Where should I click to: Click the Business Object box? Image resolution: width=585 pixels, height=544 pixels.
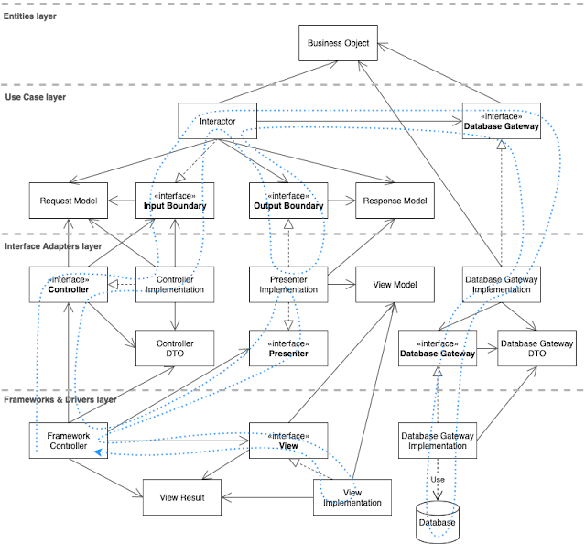[339, 43]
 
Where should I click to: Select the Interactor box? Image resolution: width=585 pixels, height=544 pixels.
[217, 122]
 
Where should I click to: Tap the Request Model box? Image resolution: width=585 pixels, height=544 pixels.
[69, 201]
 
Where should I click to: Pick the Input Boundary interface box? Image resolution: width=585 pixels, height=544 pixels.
[175, 201]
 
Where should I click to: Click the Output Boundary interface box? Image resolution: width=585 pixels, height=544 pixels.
[288, 201]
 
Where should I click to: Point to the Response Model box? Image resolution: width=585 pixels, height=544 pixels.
[395, 201]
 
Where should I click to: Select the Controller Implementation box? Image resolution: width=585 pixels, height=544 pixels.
[175, 285]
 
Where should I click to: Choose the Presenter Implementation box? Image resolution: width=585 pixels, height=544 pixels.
[288, 285]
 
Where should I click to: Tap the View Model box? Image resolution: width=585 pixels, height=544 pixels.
[395, 285]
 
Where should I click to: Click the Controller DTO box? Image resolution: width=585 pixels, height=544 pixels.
[175, 349]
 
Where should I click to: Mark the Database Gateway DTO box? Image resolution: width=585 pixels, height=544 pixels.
[536, 349]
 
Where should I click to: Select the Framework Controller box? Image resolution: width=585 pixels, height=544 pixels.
[69, 440]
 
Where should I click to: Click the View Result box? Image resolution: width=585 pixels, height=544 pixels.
[181, 497]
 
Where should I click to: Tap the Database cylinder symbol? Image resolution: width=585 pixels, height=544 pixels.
[437, 520]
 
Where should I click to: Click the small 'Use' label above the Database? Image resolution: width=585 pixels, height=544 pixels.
[438, 479]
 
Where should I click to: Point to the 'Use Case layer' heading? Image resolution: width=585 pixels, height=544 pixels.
[35, 96]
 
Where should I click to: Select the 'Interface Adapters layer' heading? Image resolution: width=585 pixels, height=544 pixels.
[53, 246]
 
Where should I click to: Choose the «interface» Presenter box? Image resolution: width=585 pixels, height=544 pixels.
[288, 349]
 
